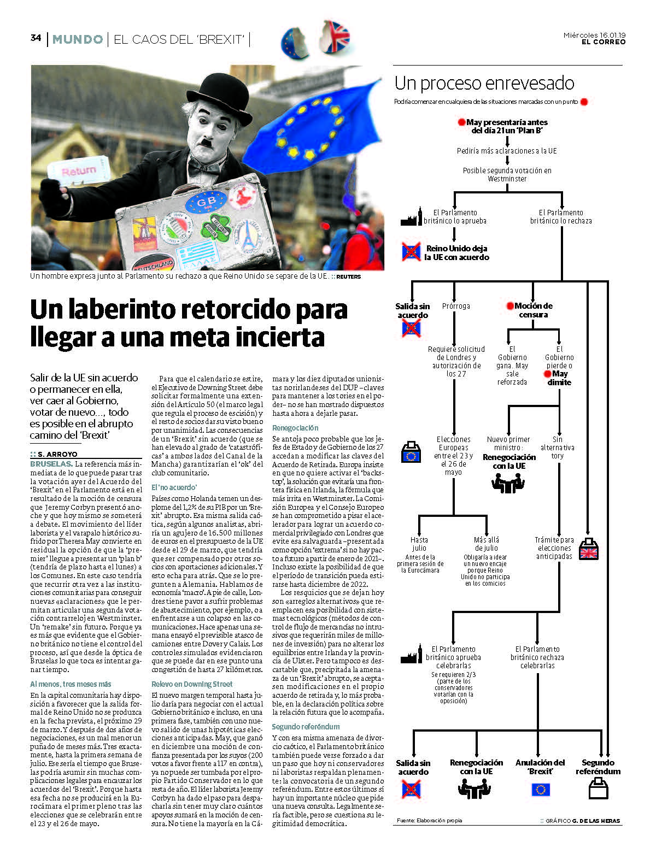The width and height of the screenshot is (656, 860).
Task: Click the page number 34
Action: click(x=36, y=38)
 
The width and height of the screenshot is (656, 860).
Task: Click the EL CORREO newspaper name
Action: click(x=603, y=42)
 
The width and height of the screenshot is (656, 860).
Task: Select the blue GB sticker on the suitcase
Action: click(x=206, y=202)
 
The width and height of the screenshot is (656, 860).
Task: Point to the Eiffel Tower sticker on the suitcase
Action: click(x=247, y=234)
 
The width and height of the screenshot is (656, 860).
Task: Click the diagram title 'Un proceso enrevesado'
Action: click(x=484, y=83)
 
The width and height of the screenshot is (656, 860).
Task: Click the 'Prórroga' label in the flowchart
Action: click(x=456, y=306)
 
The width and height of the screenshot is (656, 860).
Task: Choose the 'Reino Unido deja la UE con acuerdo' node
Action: click(x=457, y=252)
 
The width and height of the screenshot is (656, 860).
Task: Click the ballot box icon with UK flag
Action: click(x=589, y=549)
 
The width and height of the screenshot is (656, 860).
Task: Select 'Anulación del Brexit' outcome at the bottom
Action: click(x=540, y=767)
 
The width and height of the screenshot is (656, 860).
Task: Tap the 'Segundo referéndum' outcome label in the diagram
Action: click(x=598, y=767)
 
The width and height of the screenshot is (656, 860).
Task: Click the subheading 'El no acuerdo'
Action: click(x=174, y=487)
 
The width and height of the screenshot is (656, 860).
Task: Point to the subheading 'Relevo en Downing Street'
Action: click(x=192, y=684)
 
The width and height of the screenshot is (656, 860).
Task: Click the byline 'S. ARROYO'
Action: click(x=57, y=454)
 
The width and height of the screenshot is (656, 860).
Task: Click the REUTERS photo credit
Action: click(x=348, y=276)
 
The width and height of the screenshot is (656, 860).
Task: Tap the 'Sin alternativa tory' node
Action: click(x=557, y=447)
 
